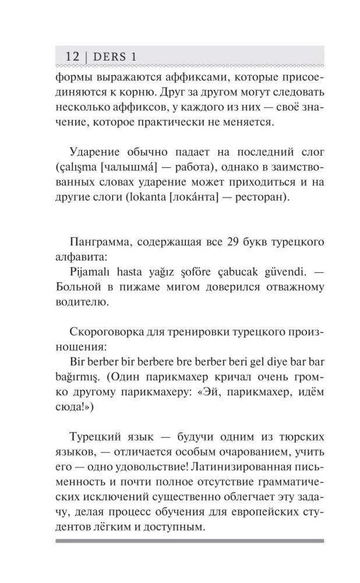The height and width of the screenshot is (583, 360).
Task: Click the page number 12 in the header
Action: (72, 57)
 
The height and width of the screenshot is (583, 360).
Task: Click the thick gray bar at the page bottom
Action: (190, 540)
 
